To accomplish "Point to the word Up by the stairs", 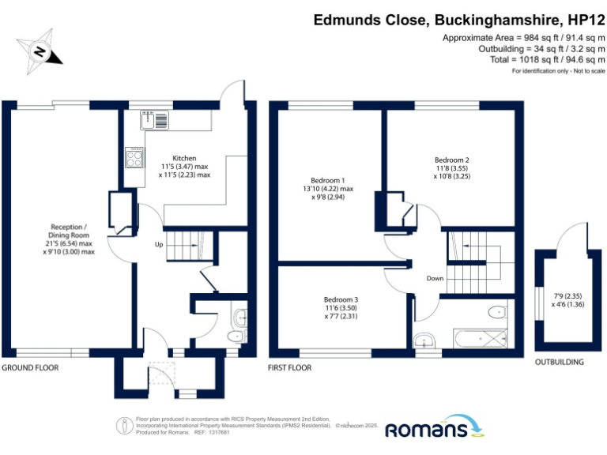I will pos(158,244).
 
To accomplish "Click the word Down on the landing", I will pos(435,278).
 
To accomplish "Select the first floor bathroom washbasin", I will pos(427,340).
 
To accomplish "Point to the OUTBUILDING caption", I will pos(559,363).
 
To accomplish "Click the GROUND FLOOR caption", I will pos(30,367).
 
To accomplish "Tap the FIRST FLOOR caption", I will pos(291,367).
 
